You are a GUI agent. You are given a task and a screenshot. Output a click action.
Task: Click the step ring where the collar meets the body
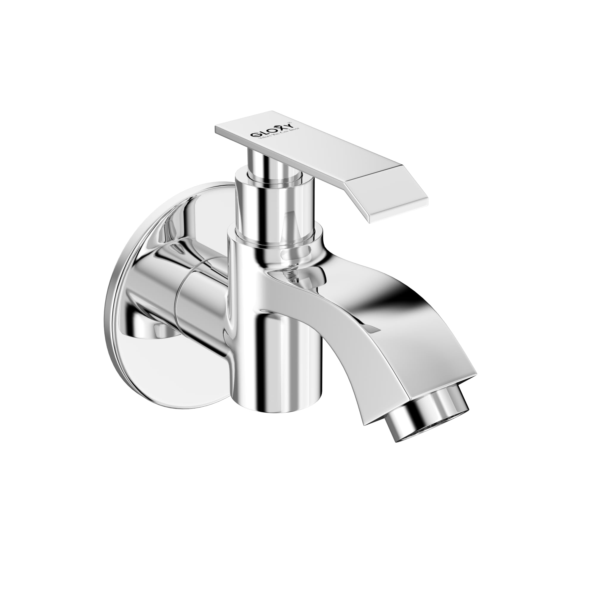(x=274, y=239)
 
